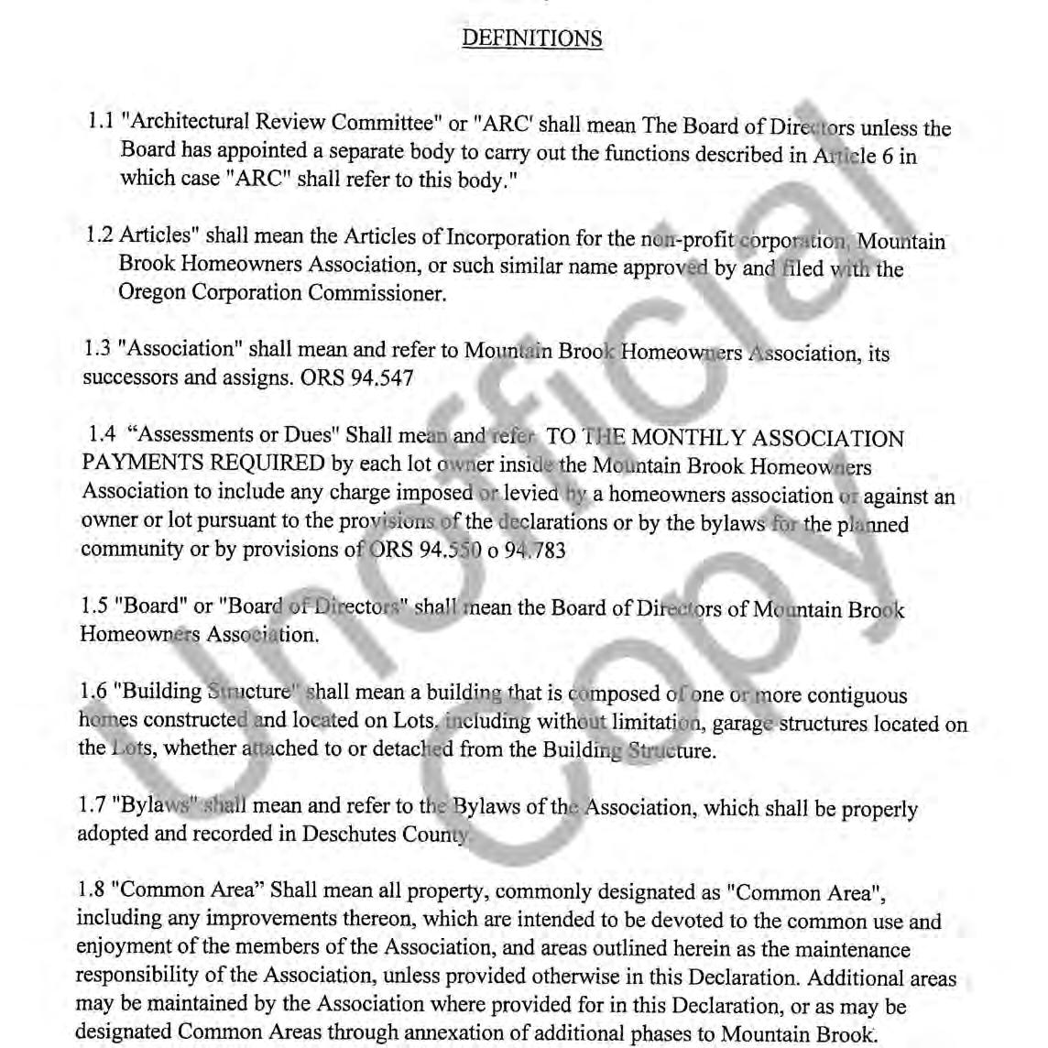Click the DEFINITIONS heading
tap(531, 38)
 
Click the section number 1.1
tap(100, 121)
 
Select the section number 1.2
tap(99, 235)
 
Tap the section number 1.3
tap(96, 349)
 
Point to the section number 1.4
tap(102, 434)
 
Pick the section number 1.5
tap(94, 606)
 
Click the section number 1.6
tap(93, 692)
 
